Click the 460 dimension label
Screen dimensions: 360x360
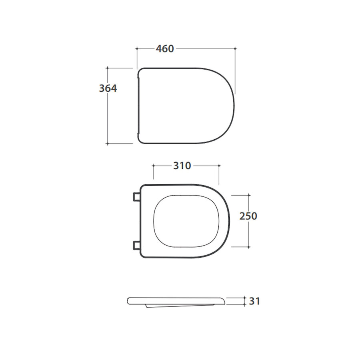tap(165, 49)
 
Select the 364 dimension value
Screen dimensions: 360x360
tap(108, 88)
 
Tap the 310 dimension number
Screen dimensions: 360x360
tap(182, 166)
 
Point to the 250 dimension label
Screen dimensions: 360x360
tap(248, 216)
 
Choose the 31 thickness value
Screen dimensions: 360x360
tap(254, 301)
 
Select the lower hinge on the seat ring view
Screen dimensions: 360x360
tap(136, 246)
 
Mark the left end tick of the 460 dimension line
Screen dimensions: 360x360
tap(137, 48)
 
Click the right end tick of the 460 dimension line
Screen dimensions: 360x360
tap(235, 48)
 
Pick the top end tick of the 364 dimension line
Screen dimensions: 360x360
tap(108, 68)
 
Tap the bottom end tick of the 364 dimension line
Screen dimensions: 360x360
tap(108, 143)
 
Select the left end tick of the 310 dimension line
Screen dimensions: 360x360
tap(154, 165)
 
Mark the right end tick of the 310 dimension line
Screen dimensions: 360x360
tap(219, 165)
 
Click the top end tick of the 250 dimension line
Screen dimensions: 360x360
tap(249, 195)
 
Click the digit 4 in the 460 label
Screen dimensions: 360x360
tap(159, 49)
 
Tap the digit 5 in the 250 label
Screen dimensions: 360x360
tap(248, 216)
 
